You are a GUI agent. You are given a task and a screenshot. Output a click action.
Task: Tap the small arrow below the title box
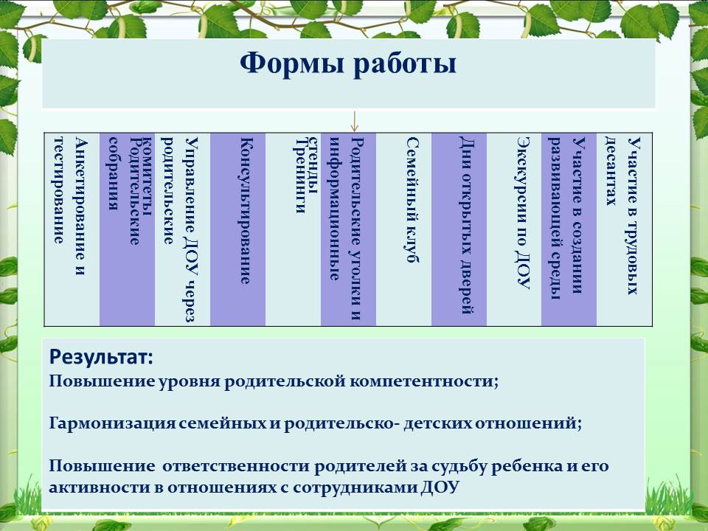pos(355,122)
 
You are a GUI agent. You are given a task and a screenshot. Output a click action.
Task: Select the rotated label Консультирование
pos(245,210)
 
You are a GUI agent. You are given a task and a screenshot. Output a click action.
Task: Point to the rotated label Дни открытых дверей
pos(466,225)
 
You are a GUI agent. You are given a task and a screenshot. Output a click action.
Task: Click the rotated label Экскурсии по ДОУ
pos(523,212)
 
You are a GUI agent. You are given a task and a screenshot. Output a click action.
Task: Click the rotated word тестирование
pos(59,190)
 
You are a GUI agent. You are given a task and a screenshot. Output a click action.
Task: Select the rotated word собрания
pos(114,173)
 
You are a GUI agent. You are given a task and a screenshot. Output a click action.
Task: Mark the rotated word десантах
pos(611,171)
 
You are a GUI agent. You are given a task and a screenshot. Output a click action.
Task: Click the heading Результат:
pos(101,357)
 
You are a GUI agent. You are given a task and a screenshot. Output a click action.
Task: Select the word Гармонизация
pos(112,423)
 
